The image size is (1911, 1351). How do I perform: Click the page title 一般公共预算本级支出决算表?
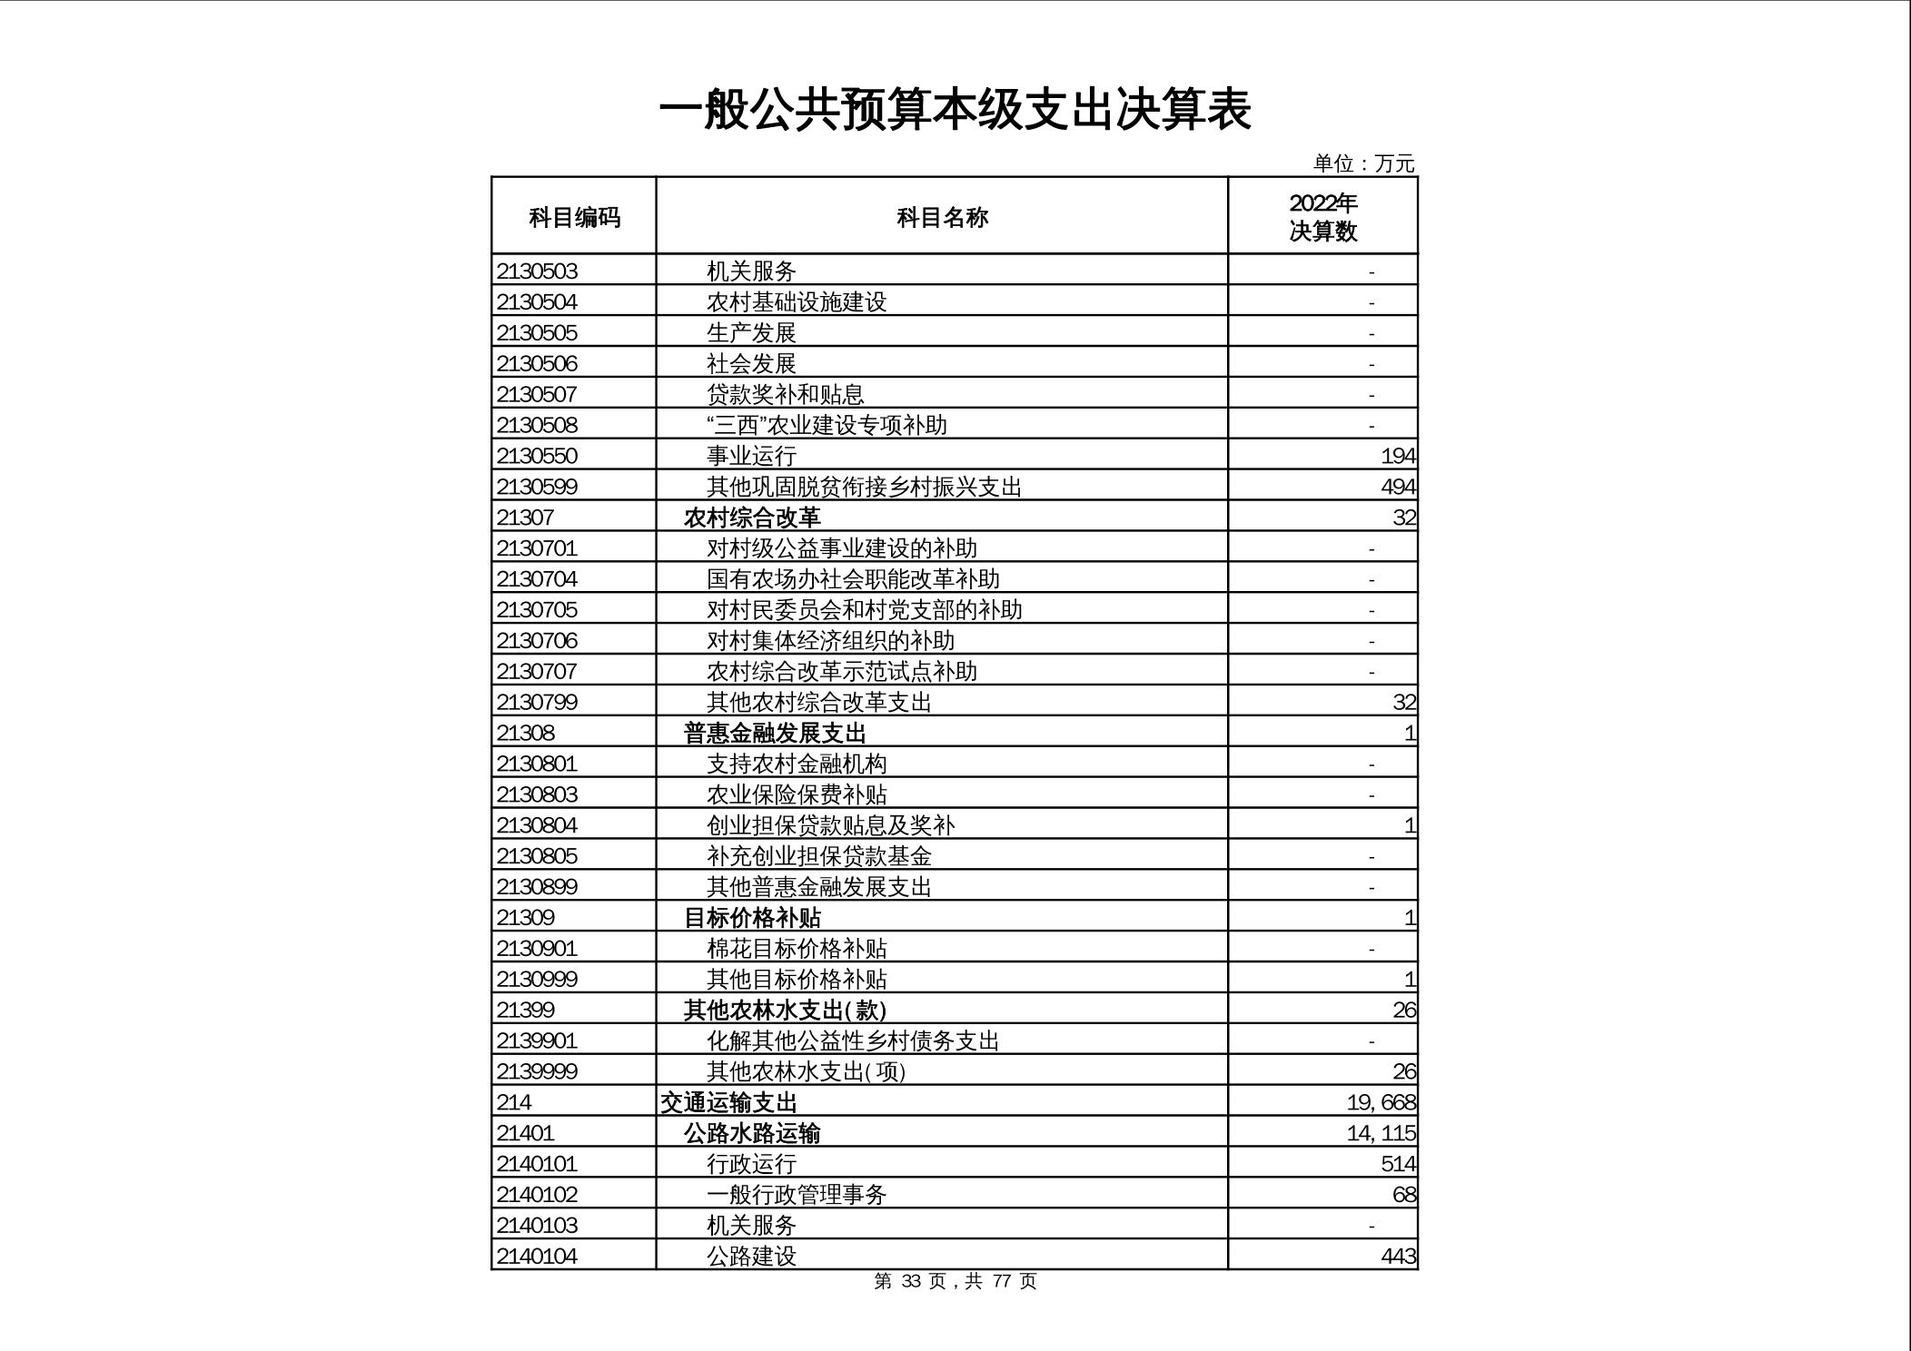click(x=955, y=110)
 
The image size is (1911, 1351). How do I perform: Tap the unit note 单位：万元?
click(x=1363, y=163)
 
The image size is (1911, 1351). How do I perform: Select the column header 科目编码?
click(x=574, y=217)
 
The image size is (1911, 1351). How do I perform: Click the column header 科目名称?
click(x=942, y=217)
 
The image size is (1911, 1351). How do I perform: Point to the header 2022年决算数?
click(x=1322, y=217)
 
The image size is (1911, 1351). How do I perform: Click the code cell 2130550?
click(x=537, y=456)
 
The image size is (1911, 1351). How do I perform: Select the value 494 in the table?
click(x=1398, y=487)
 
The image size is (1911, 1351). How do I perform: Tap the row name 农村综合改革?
click(x=752, y=518)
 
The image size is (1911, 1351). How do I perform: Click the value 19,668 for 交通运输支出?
click(x=1381, y=1102)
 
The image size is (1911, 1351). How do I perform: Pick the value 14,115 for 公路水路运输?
click(x=1381, y=1133)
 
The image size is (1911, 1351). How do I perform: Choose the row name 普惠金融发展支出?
click(x=775, y=733)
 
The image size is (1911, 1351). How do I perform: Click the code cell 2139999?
click(x=537, y=1071)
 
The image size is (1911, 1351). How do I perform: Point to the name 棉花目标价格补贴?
click(x=797, y=949)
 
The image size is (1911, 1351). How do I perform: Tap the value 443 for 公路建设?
click(x=1398, y=1257)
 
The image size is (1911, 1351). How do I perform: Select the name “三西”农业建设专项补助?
click(x=827, y=425)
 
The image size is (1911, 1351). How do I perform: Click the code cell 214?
click(x=514, y=1102)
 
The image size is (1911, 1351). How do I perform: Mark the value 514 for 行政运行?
click(x=1398, y=1164)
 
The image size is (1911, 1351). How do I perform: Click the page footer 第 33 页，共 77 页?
click(x=955, y=1281)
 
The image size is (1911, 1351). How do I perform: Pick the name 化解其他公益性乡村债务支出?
click(x=853, y=1040)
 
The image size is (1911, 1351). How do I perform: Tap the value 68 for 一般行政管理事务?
click(x=1404, y=1195)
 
